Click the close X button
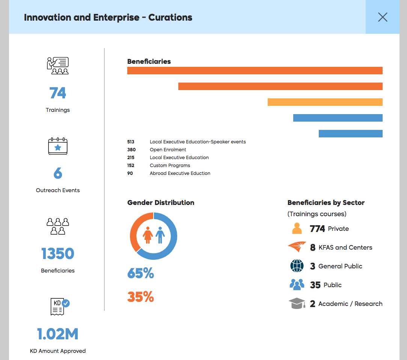[383, 17]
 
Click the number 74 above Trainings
[57, 93]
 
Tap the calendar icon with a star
[57, 146]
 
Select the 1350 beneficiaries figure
[57, 253]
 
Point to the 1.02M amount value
[57, 334]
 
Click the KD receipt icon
[60, 307]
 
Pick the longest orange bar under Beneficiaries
[255, 71]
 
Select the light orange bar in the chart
[325, 102]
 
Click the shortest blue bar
[351, 133]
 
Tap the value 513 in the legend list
[131, 142]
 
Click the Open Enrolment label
[168, 149]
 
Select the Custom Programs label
[170, 165]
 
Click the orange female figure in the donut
[148, 235]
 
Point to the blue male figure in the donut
[160, 235]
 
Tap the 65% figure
[140, 273]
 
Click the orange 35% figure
[140, 297]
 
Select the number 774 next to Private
[317, 229]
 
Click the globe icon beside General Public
[297, 266]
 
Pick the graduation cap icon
[297, 303]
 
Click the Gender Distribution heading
[161, 202]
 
